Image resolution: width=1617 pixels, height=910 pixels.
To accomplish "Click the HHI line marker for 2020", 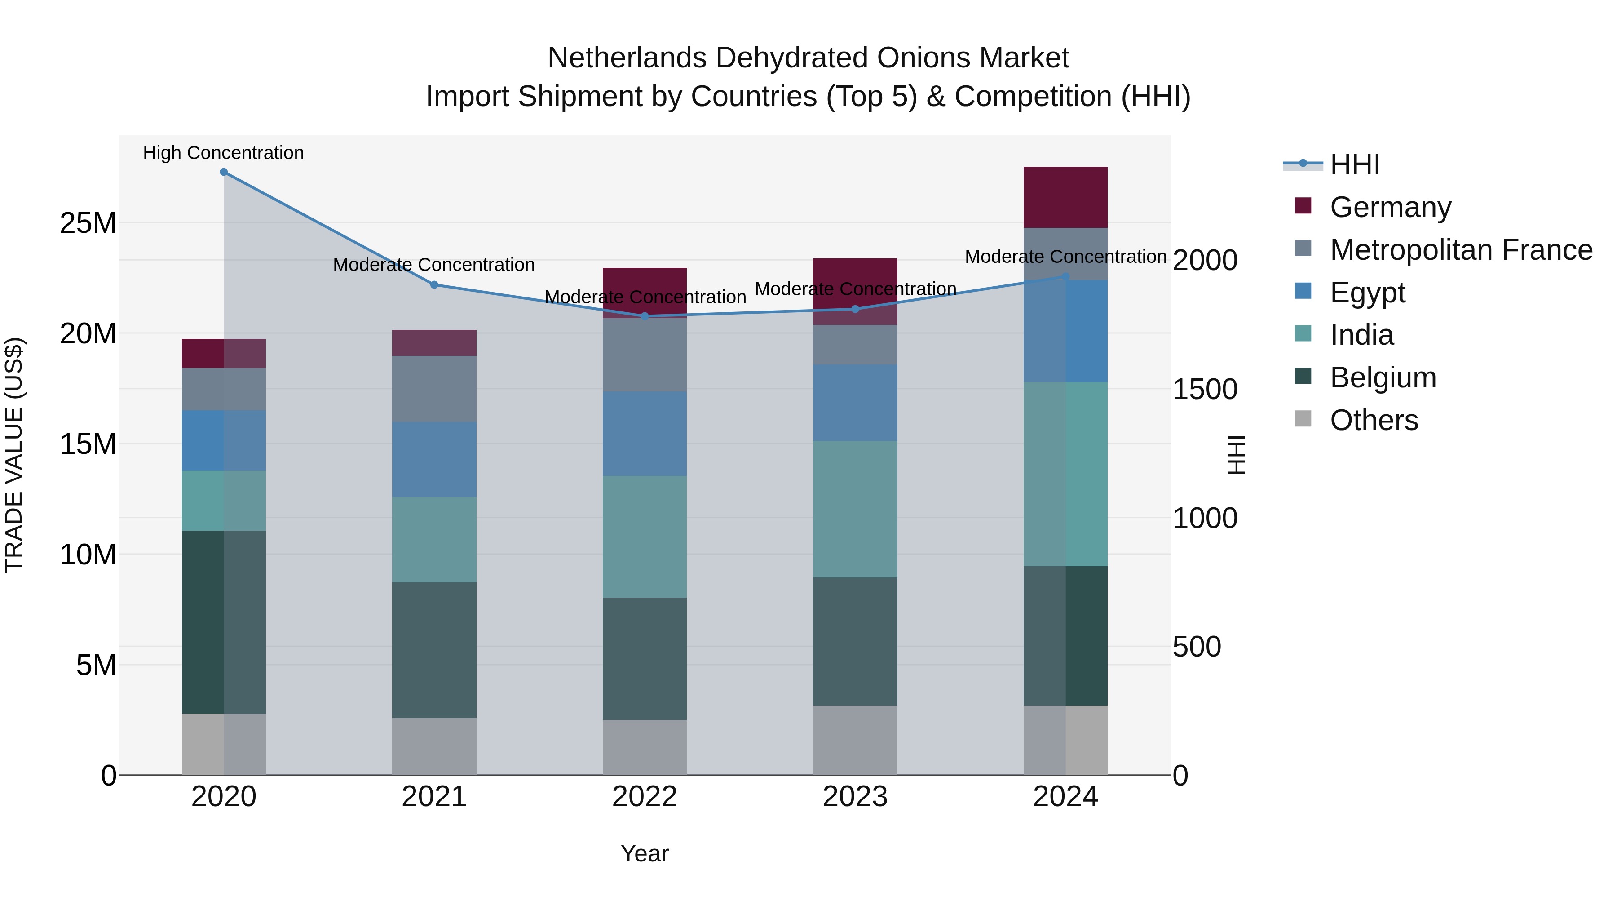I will (x=224, y=172).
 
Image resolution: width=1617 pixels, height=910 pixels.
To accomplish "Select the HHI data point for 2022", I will (x=645, y=316).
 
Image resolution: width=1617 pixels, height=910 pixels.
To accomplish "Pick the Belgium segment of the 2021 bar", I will (x=434, y=650).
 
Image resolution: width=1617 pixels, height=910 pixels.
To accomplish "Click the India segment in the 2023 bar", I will (x=855, y=509).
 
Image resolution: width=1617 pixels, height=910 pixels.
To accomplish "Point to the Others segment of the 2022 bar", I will (x=645, y=747).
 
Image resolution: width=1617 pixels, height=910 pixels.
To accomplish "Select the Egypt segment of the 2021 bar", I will (x=434, y=459).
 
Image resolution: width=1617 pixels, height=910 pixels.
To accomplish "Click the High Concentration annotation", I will (x=224, y=153).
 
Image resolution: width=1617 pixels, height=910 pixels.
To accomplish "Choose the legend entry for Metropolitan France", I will (x=1460, y=250).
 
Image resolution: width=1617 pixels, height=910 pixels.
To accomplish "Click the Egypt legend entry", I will (x=1367, y=293).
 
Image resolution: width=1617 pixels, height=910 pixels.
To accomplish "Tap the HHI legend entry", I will (x=1354, y=164).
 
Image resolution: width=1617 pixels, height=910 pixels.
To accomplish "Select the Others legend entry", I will (x=1374, y=420).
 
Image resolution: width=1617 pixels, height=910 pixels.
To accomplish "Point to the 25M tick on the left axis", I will (x=88, y=223).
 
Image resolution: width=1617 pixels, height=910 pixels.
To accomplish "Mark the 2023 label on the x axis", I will (x=855, y=797).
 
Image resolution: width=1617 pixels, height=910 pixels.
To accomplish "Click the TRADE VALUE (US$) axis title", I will (x=14, y=455).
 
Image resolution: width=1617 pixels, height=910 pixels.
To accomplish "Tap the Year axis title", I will (x=645, y=853).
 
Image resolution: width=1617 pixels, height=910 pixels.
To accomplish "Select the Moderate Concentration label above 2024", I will (x=1065, y=257).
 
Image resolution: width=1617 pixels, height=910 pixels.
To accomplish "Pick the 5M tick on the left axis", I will (x=96, y=665).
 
